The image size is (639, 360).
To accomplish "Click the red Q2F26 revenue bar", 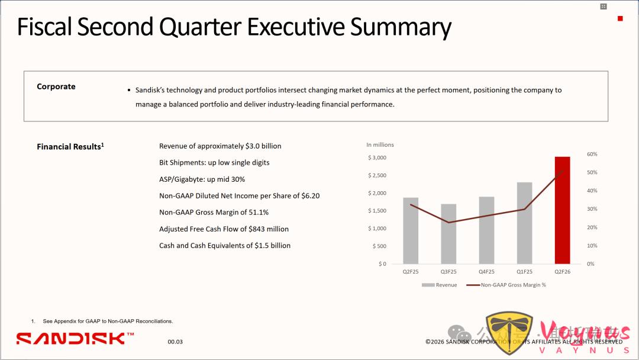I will pos(562,210).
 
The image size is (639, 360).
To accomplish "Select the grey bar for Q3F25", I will pos(448,234).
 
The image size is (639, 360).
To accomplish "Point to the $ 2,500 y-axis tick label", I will pos(377,175).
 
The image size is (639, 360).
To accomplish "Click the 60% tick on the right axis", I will pos(592,154).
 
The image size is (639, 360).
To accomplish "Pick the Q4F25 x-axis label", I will pos(486,272).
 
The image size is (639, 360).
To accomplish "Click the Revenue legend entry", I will pos(440,285).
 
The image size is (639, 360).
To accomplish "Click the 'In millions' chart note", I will pos(380,144).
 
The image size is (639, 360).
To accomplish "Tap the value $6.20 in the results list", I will pos(310,195).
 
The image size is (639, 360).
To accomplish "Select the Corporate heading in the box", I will pos(56,86).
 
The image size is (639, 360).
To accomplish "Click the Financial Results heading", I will pos(70,146).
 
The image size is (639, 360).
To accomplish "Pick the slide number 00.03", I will pos(175,342).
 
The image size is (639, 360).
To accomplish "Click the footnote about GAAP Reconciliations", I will pos(108,321).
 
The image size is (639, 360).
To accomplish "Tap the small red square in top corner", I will pos(620,19).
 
